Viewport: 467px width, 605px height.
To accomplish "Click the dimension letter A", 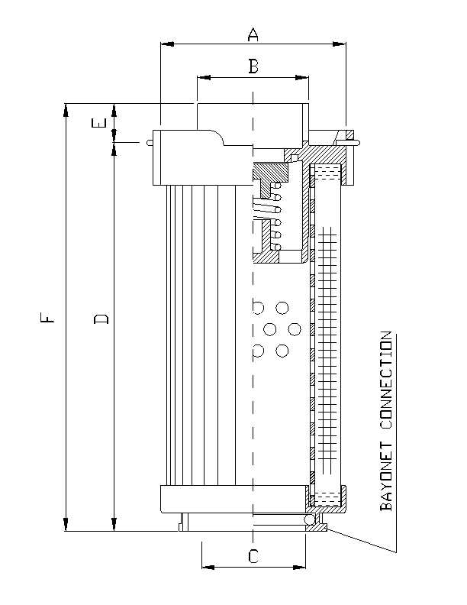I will [253, 34].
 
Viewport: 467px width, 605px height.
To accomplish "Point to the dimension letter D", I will [101, 317].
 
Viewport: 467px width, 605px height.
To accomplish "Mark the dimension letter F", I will [49, 316].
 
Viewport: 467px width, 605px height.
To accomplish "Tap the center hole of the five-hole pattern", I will [270, 329].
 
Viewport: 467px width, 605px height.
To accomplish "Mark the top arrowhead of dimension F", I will [66, 108].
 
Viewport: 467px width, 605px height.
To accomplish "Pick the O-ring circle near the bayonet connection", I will [311, 520].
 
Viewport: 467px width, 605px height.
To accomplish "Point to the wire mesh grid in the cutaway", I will [326, 344].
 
